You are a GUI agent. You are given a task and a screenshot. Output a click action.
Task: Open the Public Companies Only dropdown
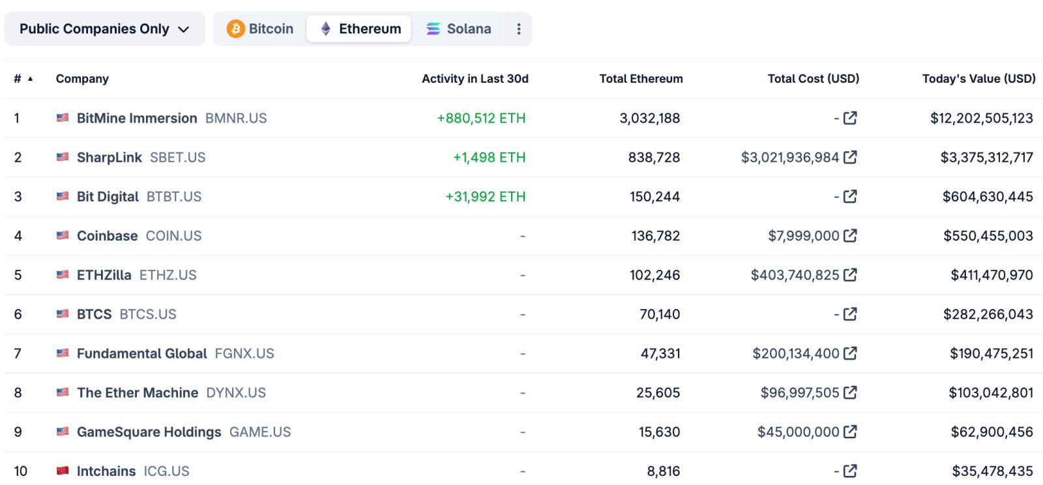pyautogui.click(x=104, y=29)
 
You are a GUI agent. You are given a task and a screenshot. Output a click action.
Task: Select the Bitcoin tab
pyautogui.click(x=260, y=29)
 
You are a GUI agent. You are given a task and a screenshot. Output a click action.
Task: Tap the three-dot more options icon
pyautogui.click(x=519, y=29)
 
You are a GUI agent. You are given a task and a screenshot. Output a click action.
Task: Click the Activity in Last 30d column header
pyautogui.click(x=475, y=79)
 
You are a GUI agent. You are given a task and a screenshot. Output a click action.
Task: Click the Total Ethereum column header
pyautogui.click(x=641, y=79)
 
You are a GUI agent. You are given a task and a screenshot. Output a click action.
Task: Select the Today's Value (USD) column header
pyautogui.click(x=978, y=79)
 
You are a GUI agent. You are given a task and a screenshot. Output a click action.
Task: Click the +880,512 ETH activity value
pyautogui.click(x=481, y=119)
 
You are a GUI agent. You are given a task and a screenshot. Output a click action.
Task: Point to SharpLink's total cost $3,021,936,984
pyautogui.click(x=789, y=158)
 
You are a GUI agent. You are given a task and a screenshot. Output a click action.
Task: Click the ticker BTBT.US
pyautogui.click(x=174, y=197)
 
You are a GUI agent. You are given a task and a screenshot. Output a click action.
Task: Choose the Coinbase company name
pyautogui.click(x=107, y=236)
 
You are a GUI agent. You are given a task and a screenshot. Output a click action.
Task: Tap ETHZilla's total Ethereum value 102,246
pyautogui.click(x=654, y=275)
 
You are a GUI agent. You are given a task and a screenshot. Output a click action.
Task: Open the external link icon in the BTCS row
pyautogui.click(x=850, y=314)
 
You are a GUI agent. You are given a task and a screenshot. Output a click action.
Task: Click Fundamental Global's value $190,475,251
pyautogui.click(x=991, y=354)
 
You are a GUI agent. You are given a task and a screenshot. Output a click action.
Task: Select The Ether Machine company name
pyautogui.click(x=138, y=393)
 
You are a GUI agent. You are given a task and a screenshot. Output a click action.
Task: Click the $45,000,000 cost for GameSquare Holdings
pyautogui.click(x=798, y=432)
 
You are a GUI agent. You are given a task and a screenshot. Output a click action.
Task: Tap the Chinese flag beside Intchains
pyautogui.click(x=63, y=471)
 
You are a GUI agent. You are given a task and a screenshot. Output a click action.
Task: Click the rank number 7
pyautogui.click(x=18, y=354)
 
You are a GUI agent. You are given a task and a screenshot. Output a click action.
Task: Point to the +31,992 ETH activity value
pyautogui.click(x=485, y=197)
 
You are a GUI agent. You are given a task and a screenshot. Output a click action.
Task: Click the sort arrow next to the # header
pyautogui.click(x=30, y=79)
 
